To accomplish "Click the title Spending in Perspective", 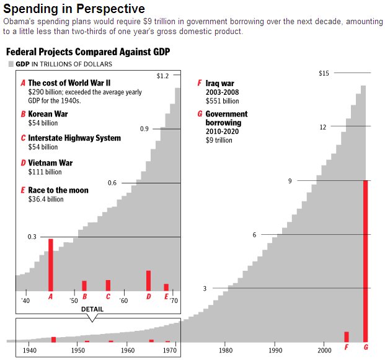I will point(74,9).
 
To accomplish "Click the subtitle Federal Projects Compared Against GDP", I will point(88,51).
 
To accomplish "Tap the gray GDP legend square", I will point(11,64).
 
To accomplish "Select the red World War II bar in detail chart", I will point(51,265).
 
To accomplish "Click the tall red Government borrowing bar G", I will point(366,260).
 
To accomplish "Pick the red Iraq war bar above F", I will point(346,336).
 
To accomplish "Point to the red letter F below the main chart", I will point(346,346).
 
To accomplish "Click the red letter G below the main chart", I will point(366,346).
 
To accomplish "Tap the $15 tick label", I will point(324,73).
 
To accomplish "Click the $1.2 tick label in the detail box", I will point(162,76).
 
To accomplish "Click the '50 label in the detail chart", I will point(74,301).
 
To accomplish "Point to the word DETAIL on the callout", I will point(92,309).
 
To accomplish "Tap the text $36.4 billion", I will point(46,200).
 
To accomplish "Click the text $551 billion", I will point(222,101).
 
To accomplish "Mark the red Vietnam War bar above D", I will point(148,280).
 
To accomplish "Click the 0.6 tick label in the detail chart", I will point(112,183).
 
